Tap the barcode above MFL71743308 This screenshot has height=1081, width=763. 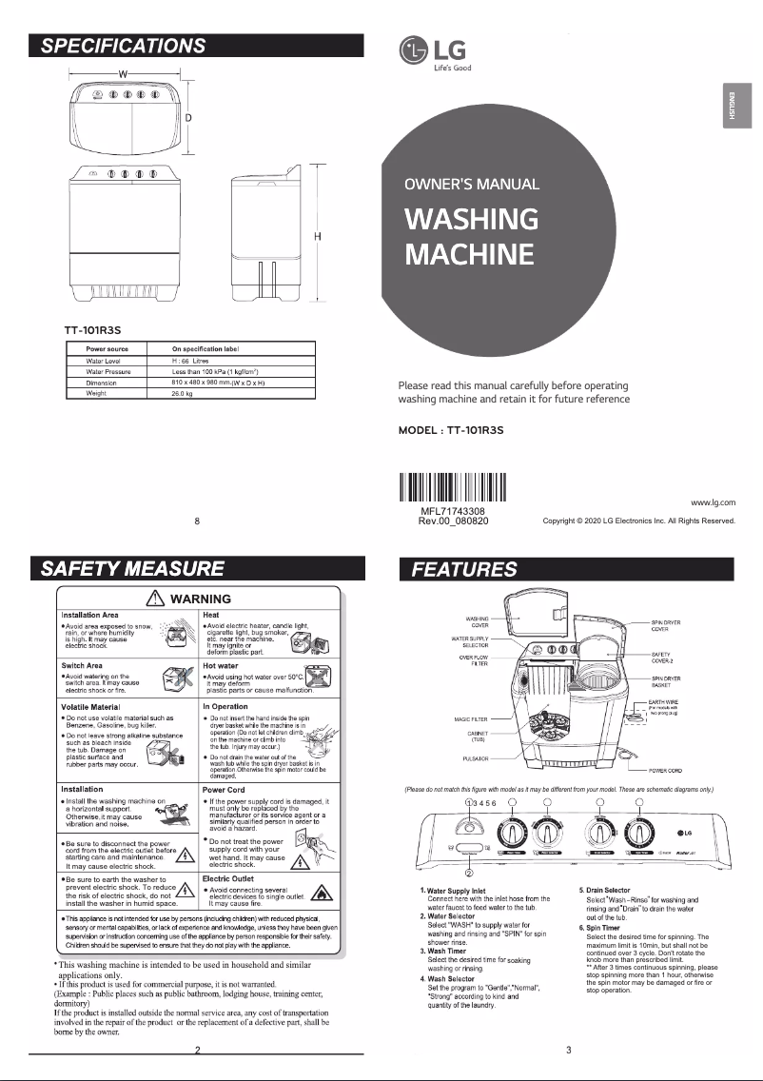coord(453,487)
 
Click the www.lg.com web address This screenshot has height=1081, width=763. coord(713,501)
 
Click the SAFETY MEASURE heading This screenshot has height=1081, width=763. coord(131,569)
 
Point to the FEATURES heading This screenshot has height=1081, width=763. coord(464,569)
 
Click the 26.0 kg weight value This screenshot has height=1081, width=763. coord(183,392)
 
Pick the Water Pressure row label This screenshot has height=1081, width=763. coord(108,371)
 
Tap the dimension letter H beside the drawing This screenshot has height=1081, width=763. coord(318,236)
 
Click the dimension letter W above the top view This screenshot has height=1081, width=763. coord(123,74)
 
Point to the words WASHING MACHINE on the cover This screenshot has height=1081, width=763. coord(470,237)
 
